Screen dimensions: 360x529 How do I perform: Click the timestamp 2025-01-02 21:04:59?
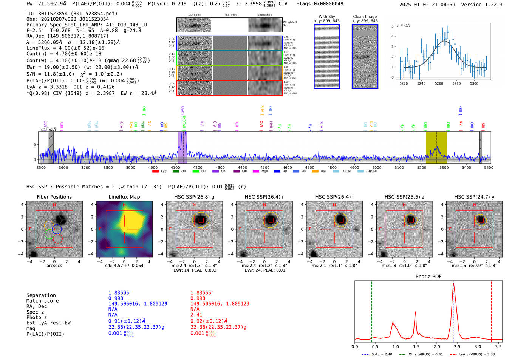pyautogui.click(x=427, y=5)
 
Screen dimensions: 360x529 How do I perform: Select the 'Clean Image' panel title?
pyautogui.click(x=365, y=17)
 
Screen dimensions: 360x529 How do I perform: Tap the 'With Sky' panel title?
pyautogui.click(x=326, y=17)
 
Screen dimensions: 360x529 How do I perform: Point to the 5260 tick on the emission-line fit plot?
pyautogui.click(x=439, y=83)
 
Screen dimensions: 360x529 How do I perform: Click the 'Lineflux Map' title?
pyautogui.click(x=124, y=197)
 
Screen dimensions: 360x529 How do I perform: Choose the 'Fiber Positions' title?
pyautogui.click(x=54, y=197)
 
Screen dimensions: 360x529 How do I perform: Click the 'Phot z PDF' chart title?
pyautogui.click(x=428, y=277)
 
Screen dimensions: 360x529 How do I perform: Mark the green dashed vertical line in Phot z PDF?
pyautogui.click(x=372, y=310)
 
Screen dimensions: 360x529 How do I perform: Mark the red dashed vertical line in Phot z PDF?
pyautogui.click(x=491, y=310)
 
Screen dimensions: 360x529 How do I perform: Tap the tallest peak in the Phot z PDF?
pyautogui.click(x=453, y=284)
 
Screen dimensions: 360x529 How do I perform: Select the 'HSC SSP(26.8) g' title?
pyautogui.click(x=194, y=197)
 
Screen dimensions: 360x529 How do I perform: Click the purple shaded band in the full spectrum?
pyautogui.click(x=182, y=147)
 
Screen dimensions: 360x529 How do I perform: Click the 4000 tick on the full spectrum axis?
pyautogui.click(x=153, y=168)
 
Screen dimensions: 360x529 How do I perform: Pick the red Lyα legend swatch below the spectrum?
pyautogui.click(x=155, y=172)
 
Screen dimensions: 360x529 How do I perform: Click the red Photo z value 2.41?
pyautogui.click(x=196, y=315)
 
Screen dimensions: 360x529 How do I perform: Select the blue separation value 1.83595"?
pyautogui.click(x=120, y=293)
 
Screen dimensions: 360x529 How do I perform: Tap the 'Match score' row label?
pyautogui.click(x=42, y=301)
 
